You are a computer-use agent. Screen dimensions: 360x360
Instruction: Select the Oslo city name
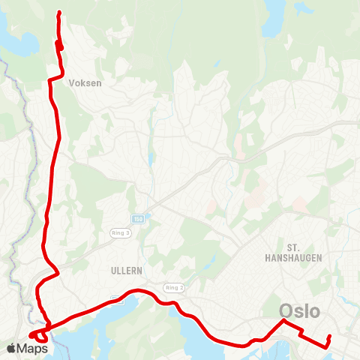(x=300, y=310)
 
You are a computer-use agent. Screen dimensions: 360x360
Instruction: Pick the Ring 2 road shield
(x=174, y=287)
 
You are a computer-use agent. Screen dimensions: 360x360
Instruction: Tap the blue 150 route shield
(x=138, y=218)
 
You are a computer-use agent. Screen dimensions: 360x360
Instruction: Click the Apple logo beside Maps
(x=11, y=348)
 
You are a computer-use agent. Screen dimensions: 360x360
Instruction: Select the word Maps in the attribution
(x=33, y=348)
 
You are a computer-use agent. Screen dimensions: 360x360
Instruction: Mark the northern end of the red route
(x=59, y=12)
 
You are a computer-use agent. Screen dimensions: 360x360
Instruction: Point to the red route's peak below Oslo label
(x=283, y=321)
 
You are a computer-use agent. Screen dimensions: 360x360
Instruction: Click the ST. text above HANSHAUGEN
(x=294, y=246)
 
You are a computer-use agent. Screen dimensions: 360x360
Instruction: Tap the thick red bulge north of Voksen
(x=58, y=45)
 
